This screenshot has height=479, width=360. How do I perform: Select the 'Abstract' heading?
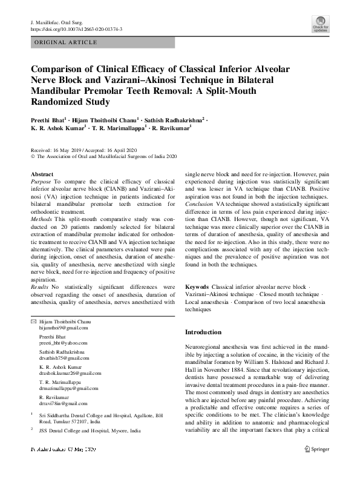click(42, 174)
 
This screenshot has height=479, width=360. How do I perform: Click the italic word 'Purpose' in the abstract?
click(41, 181)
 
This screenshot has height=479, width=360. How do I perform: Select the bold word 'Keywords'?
click(198, 285)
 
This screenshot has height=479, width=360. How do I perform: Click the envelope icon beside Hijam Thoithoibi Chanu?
click(33, 320)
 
